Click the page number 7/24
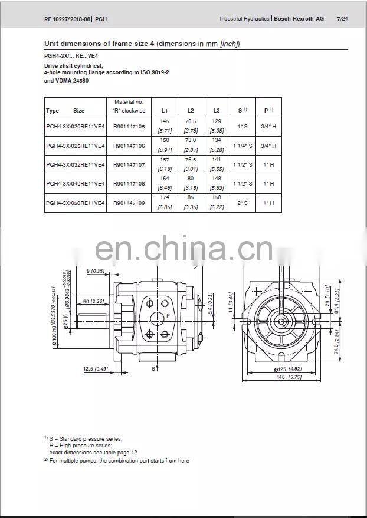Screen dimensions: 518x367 (342, 19)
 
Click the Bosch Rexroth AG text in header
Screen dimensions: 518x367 (299, 19)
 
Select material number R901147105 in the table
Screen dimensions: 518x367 (128, 126)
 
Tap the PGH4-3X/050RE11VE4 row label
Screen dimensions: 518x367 (75, 202)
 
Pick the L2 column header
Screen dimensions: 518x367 (191, 110)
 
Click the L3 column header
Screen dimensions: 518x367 (217, 110)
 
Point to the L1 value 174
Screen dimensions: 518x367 (165, 197)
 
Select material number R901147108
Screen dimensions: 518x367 (128, 183)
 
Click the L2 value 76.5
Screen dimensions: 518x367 (191, 159)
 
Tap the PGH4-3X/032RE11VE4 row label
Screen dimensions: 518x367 (75, 164)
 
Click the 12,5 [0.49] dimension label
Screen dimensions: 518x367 (95, 369)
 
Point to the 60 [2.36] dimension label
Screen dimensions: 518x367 (93, 302)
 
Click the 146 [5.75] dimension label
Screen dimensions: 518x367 (289, 377)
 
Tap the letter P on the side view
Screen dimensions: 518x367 (168, 316)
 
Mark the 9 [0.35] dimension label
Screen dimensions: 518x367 (95, 270)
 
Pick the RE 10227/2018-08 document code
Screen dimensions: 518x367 (67, 19)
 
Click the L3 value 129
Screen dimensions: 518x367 (217, 121)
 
